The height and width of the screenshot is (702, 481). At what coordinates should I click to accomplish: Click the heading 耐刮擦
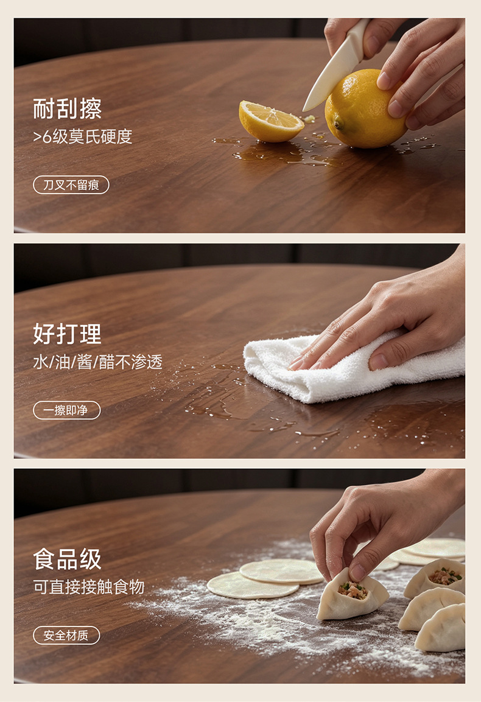[67, 109]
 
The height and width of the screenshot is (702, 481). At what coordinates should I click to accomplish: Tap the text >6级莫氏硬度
[82, 136]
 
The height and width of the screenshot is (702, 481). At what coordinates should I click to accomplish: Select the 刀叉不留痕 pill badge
[71, 185]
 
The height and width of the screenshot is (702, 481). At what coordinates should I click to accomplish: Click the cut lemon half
[270, 121]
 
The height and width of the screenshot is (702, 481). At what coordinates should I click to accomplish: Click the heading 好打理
[67, 334]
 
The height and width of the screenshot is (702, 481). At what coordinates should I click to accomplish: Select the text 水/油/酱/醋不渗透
[97, 362]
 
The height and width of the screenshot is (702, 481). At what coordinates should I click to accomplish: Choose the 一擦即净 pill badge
[67, 410]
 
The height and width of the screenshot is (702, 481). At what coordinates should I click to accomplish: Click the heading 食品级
[67, 559]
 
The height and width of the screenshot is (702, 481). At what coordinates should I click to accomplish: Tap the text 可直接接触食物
[89, 587]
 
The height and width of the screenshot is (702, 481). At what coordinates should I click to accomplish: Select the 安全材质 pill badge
[66, 635]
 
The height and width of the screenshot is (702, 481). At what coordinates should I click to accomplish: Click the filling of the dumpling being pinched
[353, 590]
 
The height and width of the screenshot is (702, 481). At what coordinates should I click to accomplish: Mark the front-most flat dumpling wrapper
[253, 584]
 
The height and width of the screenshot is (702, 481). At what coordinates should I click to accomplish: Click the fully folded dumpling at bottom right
[440, 629]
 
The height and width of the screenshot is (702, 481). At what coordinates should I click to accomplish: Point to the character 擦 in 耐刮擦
[91, 109]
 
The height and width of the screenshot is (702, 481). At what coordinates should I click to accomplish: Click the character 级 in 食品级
[91, 559]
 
